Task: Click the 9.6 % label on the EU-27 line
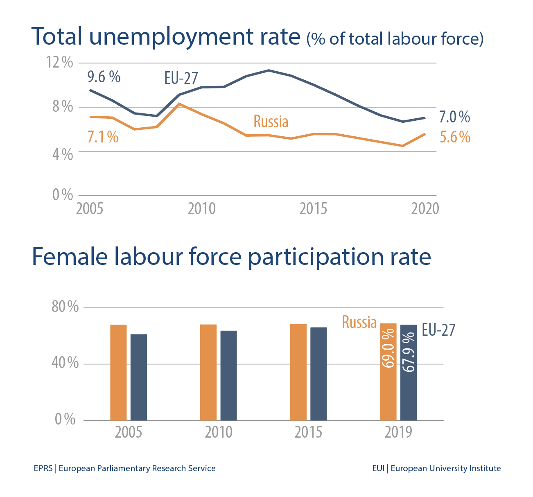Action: click(x=104, y=77)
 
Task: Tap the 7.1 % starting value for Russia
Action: click(x=103, y=137)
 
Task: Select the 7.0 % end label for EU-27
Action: click(x=454, y=117)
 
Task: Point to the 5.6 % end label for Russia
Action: click(x=455, y=137)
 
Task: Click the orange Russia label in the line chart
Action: click(x=271, y=122)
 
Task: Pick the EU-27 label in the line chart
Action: click(x=181, y=78)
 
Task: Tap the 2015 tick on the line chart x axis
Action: click(x=313, y=209)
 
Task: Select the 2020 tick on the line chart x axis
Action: click(x=425, y=209)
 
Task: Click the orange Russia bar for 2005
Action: click(x=118, y=372)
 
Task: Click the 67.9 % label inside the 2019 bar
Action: click(x=409, y=352)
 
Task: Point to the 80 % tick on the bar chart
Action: click(x=65, y=307)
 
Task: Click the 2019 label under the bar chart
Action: click(x=398, y=432)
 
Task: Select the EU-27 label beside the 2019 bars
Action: click(x=438, y=330)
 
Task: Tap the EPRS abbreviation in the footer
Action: click(x=43, y=468)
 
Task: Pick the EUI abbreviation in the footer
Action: click(x=378, y=468)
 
